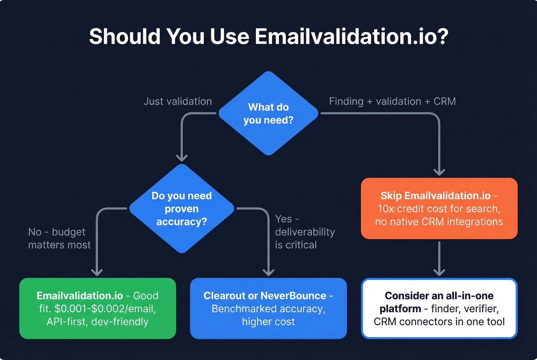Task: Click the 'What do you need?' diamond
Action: coord(268,113)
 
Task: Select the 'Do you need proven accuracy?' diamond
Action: coord(181,209)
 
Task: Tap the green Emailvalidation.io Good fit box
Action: coord(97,308)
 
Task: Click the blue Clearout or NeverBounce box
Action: coord(268,308)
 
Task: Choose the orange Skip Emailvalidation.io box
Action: coord(439,208)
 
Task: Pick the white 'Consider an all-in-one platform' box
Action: coord(439,308)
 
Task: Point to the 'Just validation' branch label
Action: coord(178,101)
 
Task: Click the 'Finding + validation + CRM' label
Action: coord(392,101)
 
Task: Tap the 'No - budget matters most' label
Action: coord(59,238)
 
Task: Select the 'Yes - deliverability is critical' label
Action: coord(305,232)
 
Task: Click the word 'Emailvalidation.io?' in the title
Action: coord(351,36)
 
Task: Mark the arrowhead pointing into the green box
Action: coord(97,272)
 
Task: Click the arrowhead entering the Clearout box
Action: coord(268,272)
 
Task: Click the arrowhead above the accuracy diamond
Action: coord(181,157)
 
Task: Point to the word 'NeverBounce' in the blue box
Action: coord(293,296)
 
